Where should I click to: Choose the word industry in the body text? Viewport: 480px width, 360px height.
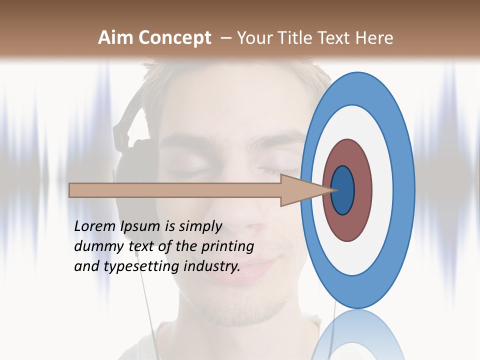pos(212,266)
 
